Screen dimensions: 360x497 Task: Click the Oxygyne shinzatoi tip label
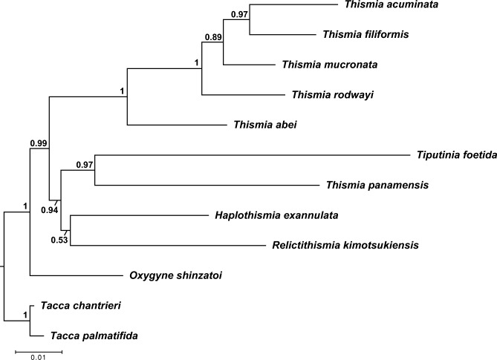(183, 275)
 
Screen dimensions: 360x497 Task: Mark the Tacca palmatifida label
(94, 336)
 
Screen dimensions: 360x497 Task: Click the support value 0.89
(213, 36)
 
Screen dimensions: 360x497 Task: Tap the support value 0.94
(48, 210)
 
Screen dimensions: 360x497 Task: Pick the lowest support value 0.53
(59, 240)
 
